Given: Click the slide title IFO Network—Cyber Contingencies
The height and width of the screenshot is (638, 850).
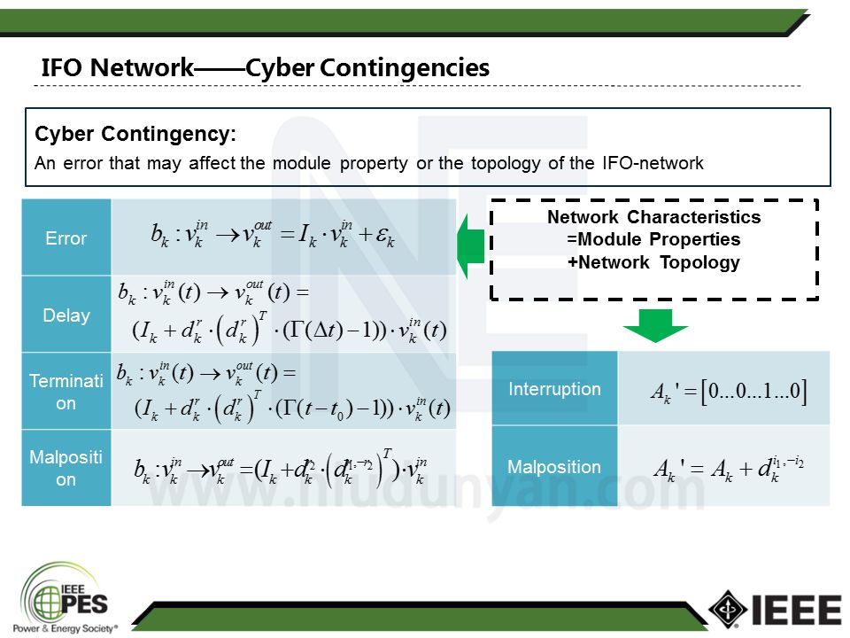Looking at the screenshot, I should coord(265,67).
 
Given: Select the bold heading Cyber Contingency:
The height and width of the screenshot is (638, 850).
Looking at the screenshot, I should coord(135,135).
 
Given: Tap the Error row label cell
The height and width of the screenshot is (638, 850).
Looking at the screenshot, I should coord(66,237).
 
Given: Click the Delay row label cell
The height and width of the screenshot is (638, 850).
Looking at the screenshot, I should coord(66,315).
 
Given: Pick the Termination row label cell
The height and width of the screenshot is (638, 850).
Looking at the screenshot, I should coord(66,391).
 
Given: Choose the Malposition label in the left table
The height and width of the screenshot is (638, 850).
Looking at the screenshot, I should coord(66,468).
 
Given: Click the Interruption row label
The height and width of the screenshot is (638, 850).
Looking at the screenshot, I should coord(554,389).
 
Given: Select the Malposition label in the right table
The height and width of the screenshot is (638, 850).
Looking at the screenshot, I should coord(554,467).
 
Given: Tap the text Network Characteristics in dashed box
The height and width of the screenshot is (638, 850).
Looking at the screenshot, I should coord(653,217).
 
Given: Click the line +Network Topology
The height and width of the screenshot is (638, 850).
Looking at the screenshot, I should coord(653,262).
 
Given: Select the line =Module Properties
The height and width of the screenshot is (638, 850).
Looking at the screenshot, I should coord(653,239).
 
